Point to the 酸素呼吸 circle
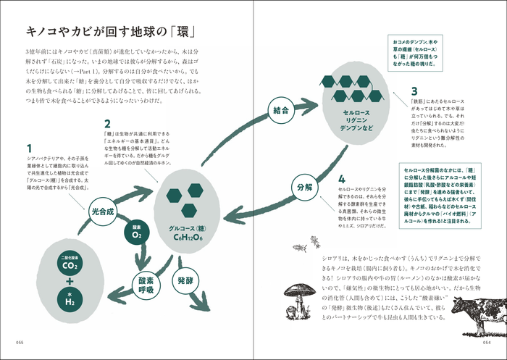click(144, 283)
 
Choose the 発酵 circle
click(183, 279)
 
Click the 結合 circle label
click(281, 112)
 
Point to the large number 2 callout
click(106, 124)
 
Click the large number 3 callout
click(414, 92)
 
